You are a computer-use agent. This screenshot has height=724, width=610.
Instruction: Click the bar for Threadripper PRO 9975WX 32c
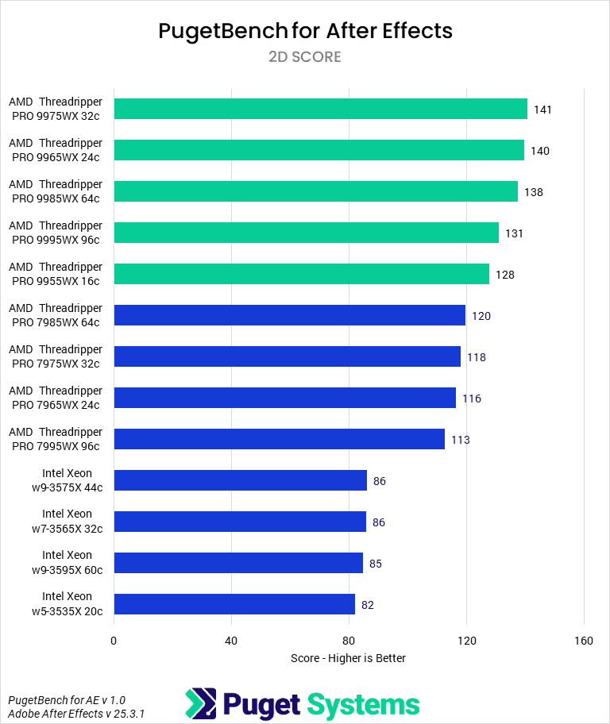[x=320, y=109]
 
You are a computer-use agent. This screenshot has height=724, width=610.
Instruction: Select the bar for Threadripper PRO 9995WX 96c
[x=306, y=233]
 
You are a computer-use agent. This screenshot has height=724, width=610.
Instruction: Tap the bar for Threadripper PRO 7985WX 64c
[x=289, y=315]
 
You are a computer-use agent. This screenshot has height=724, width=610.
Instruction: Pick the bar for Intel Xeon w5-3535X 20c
[x=234, y=604]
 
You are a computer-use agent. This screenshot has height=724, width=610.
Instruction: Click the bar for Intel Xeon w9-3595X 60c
[x=238, y=563]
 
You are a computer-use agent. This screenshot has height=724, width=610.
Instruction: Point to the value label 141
[x=542, y=110]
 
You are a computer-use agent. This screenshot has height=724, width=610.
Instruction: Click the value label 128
[x=505, y=275]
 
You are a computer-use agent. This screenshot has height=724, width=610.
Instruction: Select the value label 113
[x=461, y=440]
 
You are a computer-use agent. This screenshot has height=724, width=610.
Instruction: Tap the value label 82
[x=368, y=605]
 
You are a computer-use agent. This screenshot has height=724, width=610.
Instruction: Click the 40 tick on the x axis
[x=231, y=641]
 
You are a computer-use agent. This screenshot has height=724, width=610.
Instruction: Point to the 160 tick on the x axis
[x=584, y=641]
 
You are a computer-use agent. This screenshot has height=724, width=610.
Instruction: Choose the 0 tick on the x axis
[x=114, y=641]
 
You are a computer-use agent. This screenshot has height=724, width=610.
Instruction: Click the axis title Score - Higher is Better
[x=348, y=658]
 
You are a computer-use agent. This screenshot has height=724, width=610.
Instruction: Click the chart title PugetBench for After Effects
[x=305, y=31]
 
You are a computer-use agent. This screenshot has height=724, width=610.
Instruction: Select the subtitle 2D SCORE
[x=305, y=56]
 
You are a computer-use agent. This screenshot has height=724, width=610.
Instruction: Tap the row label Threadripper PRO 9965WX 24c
[x=56, y=150]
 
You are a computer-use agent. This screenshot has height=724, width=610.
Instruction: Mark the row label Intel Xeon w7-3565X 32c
[x=67, y=522]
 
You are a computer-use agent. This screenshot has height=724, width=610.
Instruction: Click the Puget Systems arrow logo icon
[x=200, y=703]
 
